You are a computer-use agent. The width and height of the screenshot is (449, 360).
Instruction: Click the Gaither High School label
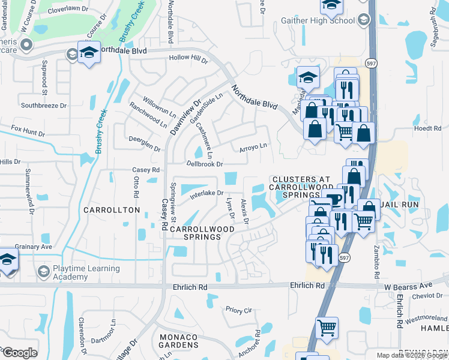tap(318, 21)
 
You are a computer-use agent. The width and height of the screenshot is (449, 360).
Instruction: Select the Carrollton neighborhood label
tap(112, 210)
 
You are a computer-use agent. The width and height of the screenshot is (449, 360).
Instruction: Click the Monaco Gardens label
tap(179, 341)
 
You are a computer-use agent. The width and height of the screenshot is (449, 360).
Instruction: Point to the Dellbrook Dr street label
tap(205, 163)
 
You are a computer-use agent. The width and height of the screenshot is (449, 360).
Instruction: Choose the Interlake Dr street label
tap(206, 194)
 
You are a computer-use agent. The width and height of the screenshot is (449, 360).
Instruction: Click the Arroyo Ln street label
tap(253, 146)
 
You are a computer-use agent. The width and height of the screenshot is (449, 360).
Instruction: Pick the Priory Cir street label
tap(239, 310)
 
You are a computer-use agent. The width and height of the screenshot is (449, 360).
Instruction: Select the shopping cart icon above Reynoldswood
tap(327, 328)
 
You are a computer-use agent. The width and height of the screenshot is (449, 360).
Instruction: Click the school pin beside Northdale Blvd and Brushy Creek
tap(89, 52)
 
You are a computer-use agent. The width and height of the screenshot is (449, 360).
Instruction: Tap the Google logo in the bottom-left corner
tap(19, 352)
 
